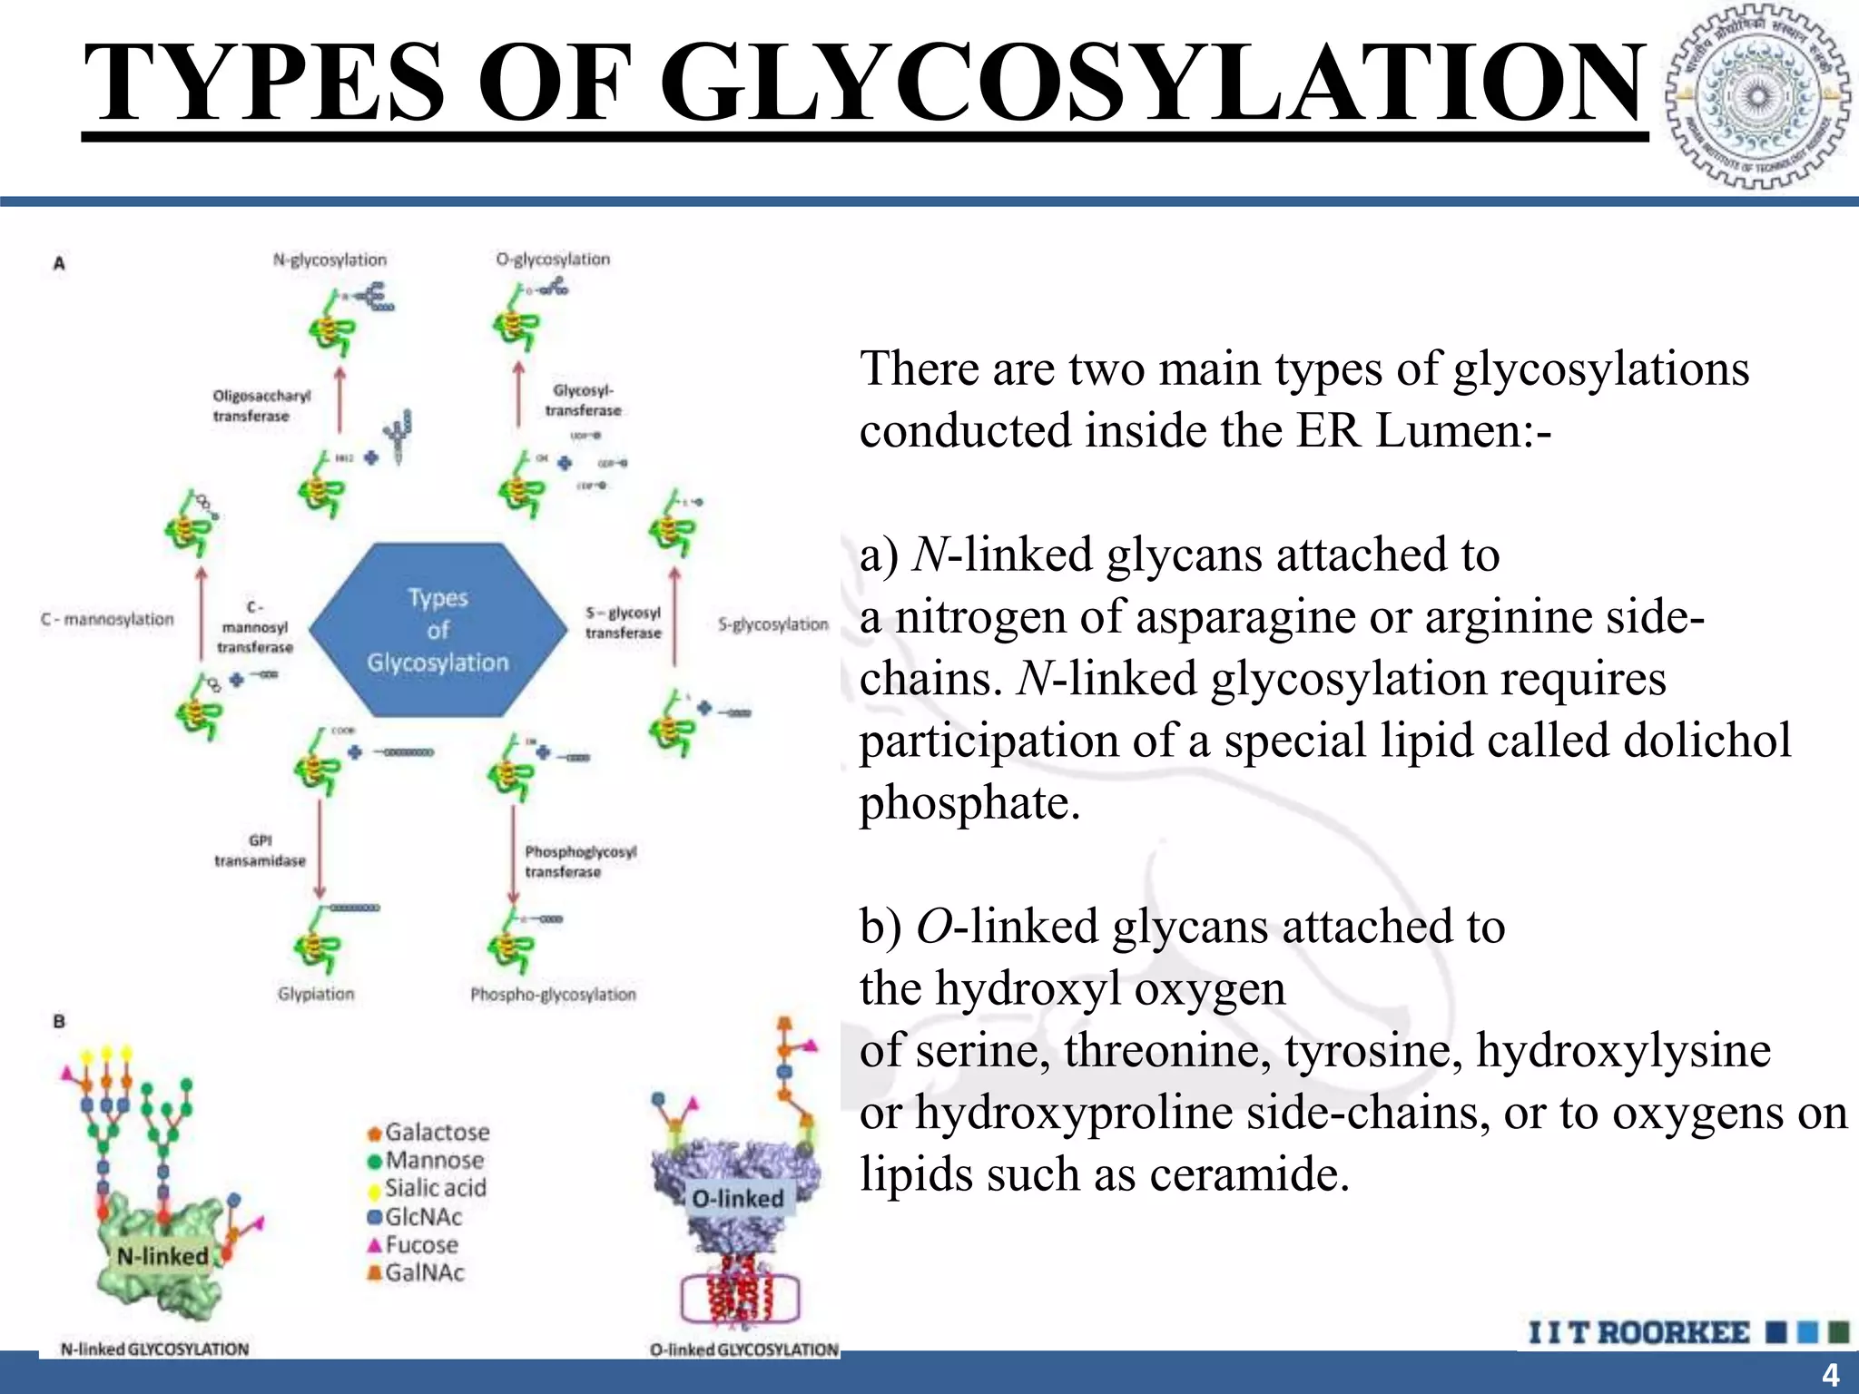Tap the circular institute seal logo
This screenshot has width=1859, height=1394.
coord(1758,97)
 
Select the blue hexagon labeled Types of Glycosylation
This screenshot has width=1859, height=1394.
coord(438,630)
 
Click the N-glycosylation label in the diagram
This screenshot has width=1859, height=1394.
coord(330,260)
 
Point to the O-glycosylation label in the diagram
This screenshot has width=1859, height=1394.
coord(553,260)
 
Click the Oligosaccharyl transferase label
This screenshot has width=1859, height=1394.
coord(261,406)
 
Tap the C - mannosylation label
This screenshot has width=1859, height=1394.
coord(107,619)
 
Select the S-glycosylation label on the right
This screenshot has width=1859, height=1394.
coord(772,624)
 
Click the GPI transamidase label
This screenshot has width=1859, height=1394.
coord(260,850)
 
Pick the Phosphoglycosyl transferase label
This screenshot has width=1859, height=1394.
coord(580,861)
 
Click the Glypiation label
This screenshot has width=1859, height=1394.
coord(316,994)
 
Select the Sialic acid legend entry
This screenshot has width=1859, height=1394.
coord(434,1188)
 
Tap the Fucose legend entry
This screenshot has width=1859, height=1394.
coord(420,1244)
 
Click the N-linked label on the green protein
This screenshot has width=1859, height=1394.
coord(162,1256)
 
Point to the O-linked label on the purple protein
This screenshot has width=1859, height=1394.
coord(737,1199)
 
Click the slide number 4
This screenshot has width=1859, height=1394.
coord(1830,1374)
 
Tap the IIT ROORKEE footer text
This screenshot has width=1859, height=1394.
coord(1638,1332)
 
